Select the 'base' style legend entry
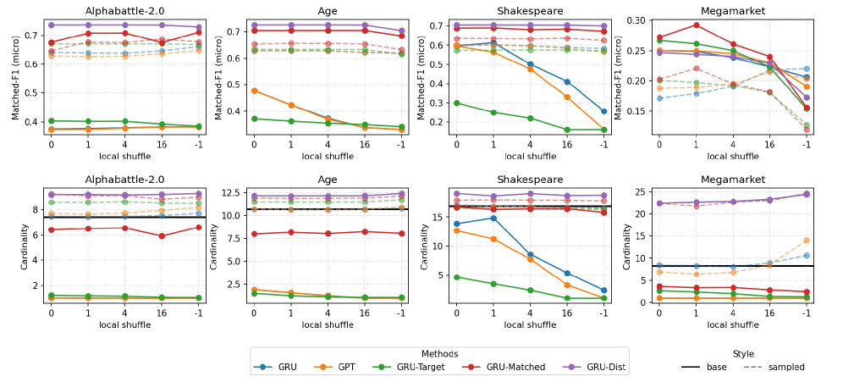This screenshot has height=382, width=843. pos(703,367)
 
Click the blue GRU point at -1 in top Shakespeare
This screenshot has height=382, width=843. pos(603,111)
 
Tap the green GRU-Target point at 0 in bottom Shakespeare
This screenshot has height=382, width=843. pos(457,277)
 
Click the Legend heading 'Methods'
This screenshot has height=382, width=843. pos(440,353)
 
